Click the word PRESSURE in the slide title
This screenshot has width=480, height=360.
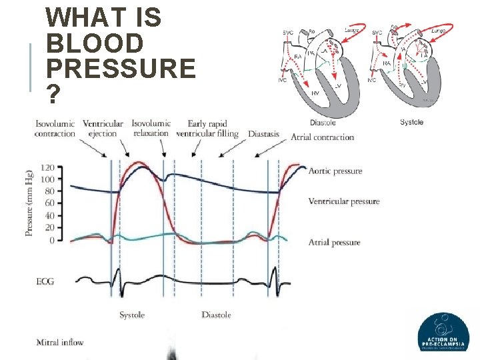[x=121, y=68]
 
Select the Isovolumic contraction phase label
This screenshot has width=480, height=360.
[x=55, y=129]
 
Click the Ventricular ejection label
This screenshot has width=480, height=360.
[x=103, y=129]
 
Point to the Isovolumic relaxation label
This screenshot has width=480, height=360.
[x=151, y=129]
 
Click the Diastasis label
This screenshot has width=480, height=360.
[x=263, y=133]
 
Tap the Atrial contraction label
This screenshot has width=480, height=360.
[x=322, y=137]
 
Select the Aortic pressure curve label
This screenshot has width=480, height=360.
[x=335, y=171]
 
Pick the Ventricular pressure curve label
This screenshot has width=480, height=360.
[x=344, y=201]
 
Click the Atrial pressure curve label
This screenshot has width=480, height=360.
[x=335, y=243]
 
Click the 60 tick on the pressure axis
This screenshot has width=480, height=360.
[x=49, y=203]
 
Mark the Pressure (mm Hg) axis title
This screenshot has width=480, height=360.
[x=29, y=203]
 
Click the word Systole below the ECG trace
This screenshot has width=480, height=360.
[x=132, y=315]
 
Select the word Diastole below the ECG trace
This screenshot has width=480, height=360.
[x=217, y=315]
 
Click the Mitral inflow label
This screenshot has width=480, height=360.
[x=61, y=343]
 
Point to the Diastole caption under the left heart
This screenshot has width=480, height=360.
[x=323, y=122]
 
